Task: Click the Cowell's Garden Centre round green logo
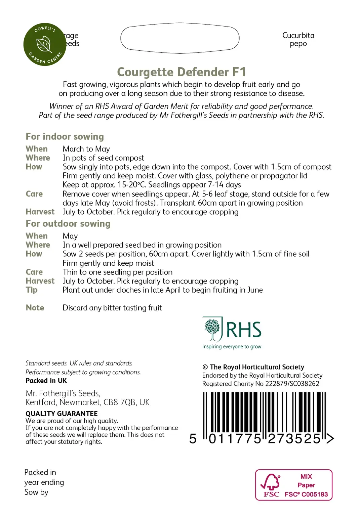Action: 45,44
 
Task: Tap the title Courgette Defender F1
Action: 181,72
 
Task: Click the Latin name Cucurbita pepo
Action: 298,40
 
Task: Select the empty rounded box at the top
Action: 180,38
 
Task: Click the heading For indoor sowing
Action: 65,136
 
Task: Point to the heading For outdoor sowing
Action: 68,224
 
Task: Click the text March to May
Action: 86,149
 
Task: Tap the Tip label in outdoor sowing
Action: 32,290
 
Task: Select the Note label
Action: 35,308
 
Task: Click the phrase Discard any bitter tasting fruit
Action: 112,308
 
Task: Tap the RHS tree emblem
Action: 212,329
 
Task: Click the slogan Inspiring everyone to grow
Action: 232,347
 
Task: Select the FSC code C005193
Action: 315,494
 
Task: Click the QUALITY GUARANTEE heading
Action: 62,414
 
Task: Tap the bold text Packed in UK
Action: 46,381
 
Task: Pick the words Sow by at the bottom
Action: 36,492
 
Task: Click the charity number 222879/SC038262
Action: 292,384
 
